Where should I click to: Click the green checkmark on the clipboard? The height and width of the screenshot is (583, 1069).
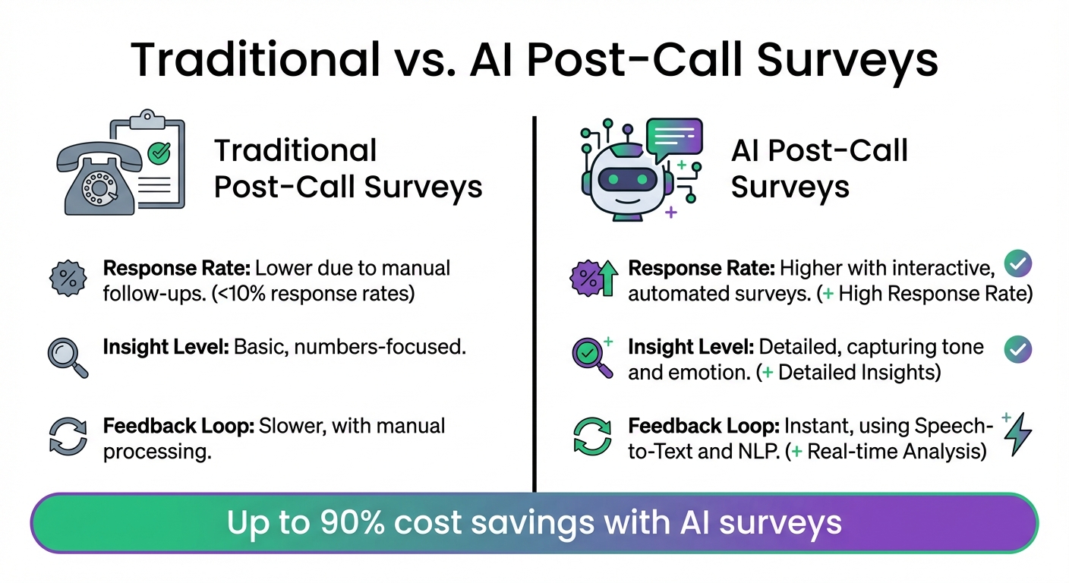pyautogui.click(x=159, y=153)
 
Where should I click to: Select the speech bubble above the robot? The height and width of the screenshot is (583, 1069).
pyautogui.click(x=673, y=138)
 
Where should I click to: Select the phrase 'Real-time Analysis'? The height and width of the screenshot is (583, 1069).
pyautogui.click(x=896, y=452)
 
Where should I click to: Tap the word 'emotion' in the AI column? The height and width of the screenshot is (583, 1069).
pyautogui.click(x=706, y=373)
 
